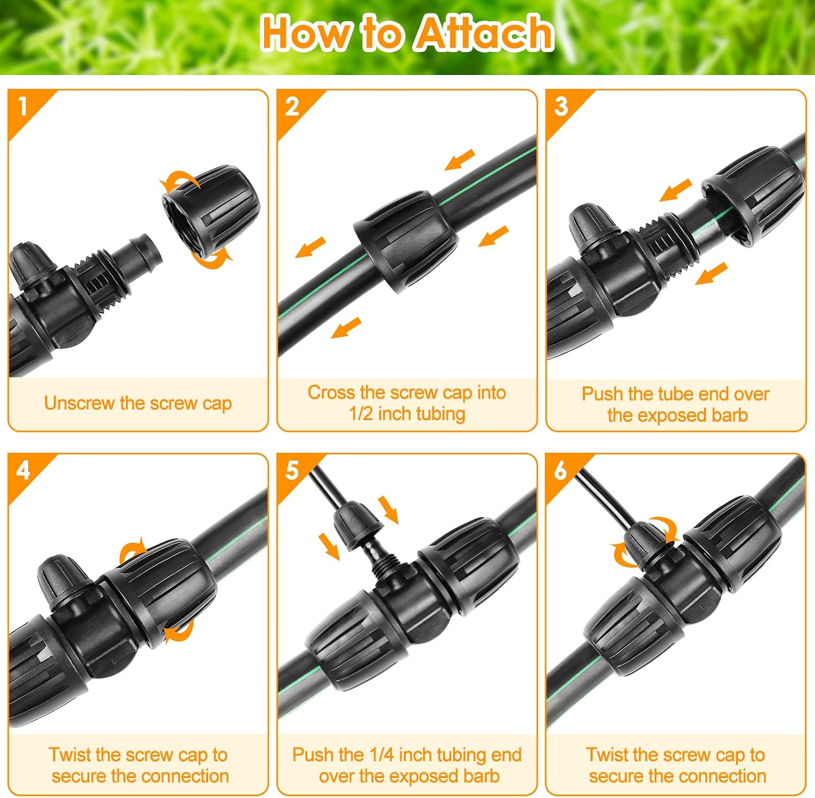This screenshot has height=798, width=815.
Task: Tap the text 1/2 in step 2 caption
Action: (x=361, y=414)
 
